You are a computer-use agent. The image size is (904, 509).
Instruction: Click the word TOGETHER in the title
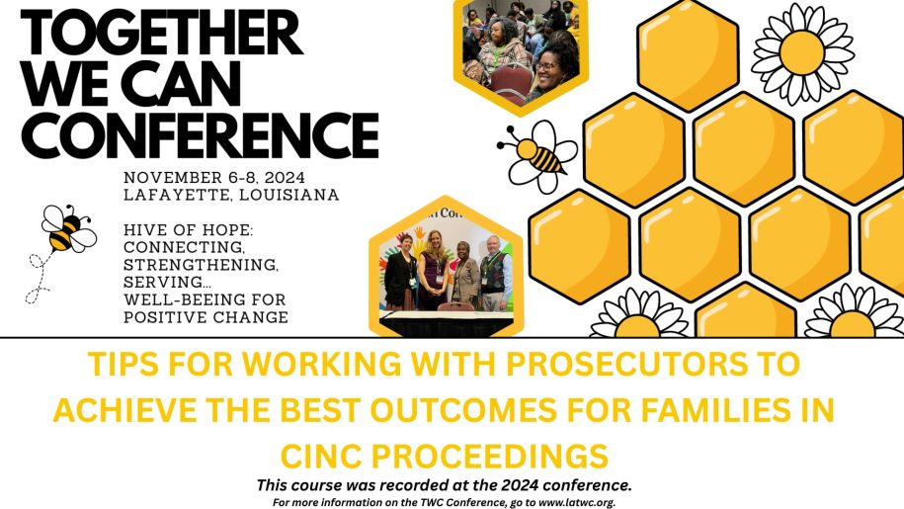(161, 34)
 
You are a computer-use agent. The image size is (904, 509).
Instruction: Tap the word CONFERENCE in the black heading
(200, 135)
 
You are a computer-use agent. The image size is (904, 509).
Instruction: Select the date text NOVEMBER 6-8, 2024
(214, 177)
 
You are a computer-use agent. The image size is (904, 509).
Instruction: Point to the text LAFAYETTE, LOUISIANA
(231, 195)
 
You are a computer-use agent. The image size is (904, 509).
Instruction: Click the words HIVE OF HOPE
(188, 230)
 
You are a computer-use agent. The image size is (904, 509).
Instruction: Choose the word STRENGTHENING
(202, 265)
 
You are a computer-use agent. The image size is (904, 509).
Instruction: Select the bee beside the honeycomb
(537, 155)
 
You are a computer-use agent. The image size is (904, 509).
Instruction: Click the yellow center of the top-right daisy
(802, 52)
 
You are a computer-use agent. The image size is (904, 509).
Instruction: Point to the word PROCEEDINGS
(489, 456)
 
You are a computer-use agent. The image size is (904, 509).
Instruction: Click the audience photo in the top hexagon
(521, 50)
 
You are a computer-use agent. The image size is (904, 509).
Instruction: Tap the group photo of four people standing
(446, 271)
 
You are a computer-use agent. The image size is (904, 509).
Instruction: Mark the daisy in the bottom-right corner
(854, 314)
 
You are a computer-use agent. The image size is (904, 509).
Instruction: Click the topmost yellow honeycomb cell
(688, 55)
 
